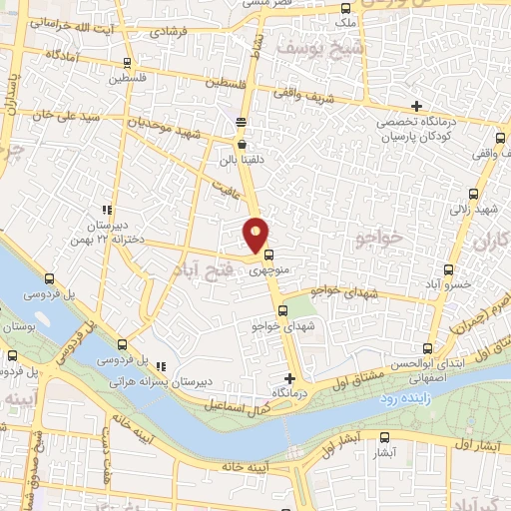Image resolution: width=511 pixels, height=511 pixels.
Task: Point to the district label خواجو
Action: [x=378, y=238]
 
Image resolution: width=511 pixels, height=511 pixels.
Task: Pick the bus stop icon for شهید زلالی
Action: [x=472, y=195]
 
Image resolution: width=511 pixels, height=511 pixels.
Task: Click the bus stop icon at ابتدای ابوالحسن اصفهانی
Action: [x=429, y=348]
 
